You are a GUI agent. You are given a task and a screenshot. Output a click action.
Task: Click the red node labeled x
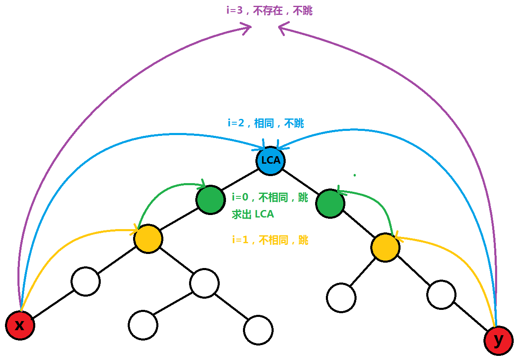(x=20, y=325)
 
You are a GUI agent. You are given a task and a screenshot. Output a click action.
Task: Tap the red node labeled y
(x=498, y=341)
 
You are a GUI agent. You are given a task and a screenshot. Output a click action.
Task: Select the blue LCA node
(x=270, y=160)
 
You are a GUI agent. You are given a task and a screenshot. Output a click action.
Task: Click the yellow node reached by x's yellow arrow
(x=148, y=239)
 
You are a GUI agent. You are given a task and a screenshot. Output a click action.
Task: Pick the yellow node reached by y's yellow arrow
(x=385, y=247)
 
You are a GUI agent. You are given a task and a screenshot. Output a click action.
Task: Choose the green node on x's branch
(x=211, y=200)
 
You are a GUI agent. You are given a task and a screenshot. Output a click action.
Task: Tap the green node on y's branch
(x=330, y=203)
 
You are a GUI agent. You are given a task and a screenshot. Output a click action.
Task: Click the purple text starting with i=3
(x=269, y=11)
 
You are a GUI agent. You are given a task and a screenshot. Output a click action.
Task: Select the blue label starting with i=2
(x=266, y=123)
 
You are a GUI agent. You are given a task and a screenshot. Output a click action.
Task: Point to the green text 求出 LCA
(x=253, y=215)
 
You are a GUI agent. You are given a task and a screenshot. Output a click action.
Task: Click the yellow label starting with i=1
(x=270, y=240)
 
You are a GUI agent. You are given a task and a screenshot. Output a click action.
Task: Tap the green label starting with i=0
(x=270, y=198)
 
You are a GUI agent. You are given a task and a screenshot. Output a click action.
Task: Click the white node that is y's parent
(x=441, y=295)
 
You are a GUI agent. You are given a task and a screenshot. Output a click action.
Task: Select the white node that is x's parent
(x=85, y=281)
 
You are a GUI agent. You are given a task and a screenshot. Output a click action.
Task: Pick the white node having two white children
(x=204, y=283)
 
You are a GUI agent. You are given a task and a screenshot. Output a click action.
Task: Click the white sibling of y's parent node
(x=341, y=297)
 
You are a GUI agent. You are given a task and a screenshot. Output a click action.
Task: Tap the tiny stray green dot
(x=354, y=175)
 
